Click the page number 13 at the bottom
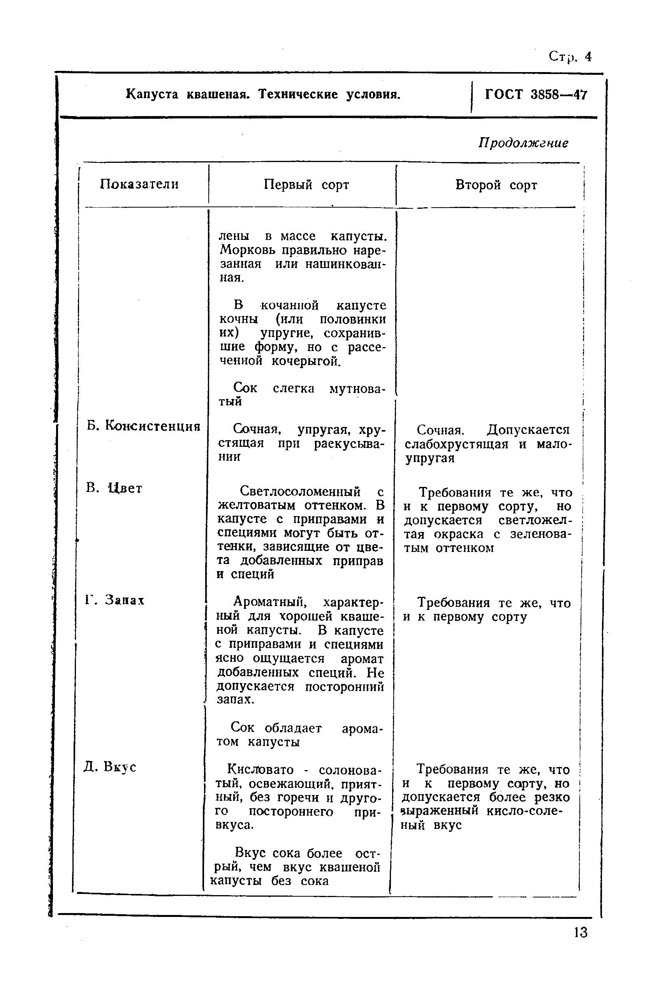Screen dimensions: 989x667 [x=580, y=933]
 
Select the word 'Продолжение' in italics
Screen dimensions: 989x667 [x=523, y=143]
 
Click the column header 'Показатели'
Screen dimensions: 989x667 [x=139, y=184]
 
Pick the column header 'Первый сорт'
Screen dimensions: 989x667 [x=306, y=185]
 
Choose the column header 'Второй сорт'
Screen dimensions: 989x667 [x=496, y=185]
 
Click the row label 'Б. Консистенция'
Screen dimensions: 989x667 [x=143, y=426]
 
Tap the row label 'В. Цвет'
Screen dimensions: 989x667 [x=114, y=488]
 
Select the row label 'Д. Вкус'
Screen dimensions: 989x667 [x=110, y=767]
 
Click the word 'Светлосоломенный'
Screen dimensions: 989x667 [x=300, y=492]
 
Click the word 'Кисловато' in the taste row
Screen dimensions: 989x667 [x=260, y=769]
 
